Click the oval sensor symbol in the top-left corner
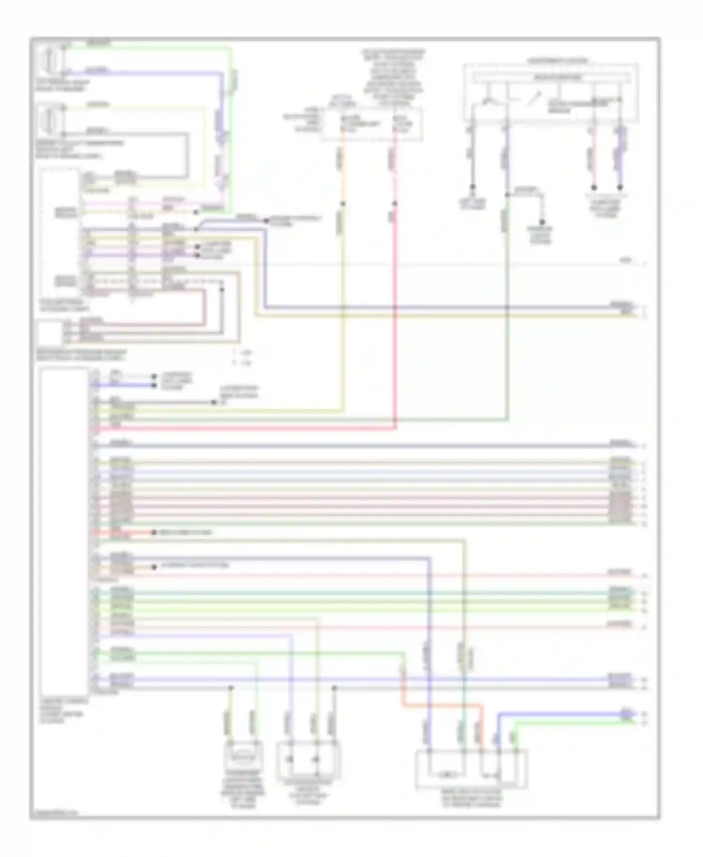50,60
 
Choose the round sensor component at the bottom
244,755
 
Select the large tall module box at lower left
64,532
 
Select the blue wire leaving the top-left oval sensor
141,73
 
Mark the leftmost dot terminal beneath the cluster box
472,187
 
